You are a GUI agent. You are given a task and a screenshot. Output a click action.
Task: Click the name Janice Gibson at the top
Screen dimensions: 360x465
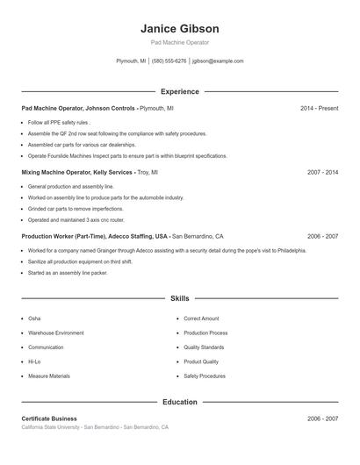click(179, 28)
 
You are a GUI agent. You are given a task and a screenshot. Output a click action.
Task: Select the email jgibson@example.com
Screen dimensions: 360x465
click(218, 61)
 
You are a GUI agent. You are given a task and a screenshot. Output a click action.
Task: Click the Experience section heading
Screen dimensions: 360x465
click(179, 91)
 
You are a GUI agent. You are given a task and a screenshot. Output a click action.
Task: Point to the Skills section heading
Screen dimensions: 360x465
click(179, 299)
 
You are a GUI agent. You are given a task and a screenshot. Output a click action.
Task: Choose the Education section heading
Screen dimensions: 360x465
click(179, 402)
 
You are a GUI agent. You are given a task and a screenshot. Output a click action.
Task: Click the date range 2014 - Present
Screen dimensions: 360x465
click(319, 108)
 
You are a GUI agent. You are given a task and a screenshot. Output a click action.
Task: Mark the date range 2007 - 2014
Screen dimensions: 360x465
click(322, 173)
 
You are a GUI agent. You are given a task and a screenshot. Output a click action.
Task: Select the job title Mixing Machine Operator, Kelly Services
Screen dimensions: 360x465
click(77, 173)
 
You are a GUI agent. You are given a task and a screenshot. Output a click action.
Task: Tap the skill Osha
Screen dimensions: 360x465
click(34, 318)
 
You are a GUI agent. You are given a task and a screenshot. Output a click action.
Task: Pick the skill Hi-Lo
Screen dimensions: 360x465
click(34, 361)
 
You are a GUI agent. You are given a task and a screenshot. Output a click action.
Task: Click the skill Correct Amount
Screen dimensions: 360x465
click(201, 318)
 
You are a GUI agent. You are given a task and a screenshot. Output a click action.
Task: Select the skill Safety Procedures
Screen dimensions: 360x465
click(205, 376)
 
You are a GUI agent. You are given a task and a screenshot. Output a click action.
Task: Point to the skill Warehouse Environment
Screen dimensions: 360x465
click(56, 333)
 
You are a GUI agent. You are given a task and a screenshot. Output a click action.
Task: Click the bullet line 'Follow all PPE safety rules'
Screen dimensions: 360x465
click(59, 123)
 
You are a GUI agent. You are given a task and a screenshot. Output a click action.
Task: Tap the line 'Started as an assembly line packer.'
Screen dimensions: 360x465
click(68, 273)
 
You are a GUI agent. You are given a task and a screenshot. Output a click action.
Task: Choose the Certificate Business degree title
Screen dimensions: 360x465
click(49, 419)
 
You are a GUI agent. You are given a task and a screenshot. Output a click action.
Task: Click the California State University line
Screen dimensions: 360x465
click(95, 427)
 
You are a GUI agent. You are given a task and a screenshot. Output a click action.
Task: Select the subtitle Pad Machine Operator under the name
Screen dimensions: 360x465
click(179, 42)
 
